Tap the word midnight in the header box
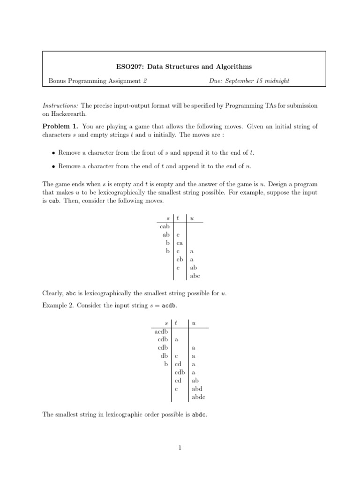coord(277,81)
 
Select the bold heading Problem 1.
coord(60,127)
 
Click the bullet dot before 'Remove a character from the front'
coord(54,153)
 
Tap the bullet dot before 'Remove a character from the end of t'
coord(54,166)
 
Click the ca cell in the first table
coord(180,243)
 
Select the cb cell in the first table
coord(180,259)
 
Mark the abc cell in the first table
coord(195,276)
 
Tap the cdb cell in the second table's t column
coord(181,372)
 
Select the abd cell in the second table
coord(196,389)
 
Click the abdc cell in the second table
coord(198,397)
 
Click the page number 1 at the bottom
coord(180,448)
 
